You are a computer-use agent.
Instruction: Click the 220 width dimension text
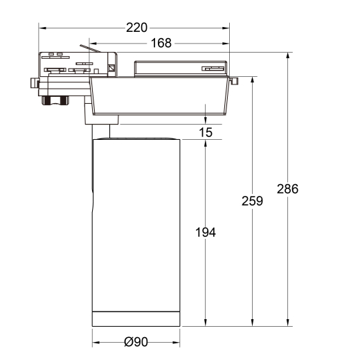(137, 28)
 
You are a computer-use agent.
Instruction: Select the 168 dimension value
(161, 44)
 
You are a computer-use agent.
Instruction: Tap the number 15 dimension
(206, 133)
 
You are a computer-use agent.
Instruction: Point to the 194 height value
(205, 233)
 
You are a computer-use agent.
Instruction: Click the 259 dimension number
(253, 201)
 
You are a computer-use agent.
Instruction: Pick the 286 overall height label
(287, 189)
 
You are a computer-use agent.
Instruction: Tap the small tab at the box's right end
(236, 82)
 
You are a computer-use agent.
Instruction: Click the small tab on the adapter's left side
(33, 83)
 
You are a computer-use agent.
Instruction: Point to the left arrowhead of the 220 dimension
(42, 28)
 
